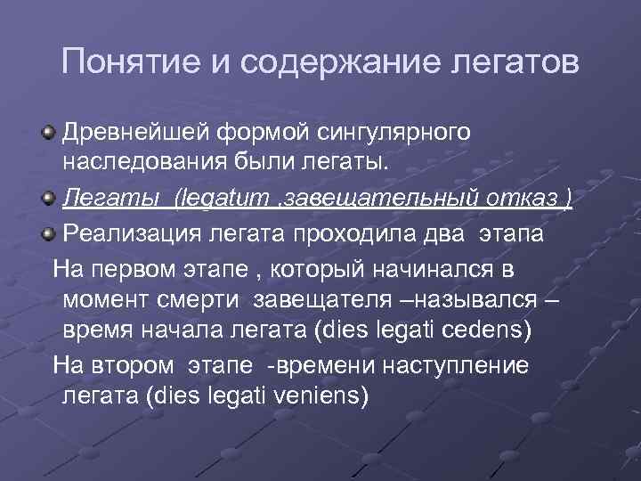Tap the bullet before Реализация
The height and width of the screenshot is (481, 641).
tap(45, 234)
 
